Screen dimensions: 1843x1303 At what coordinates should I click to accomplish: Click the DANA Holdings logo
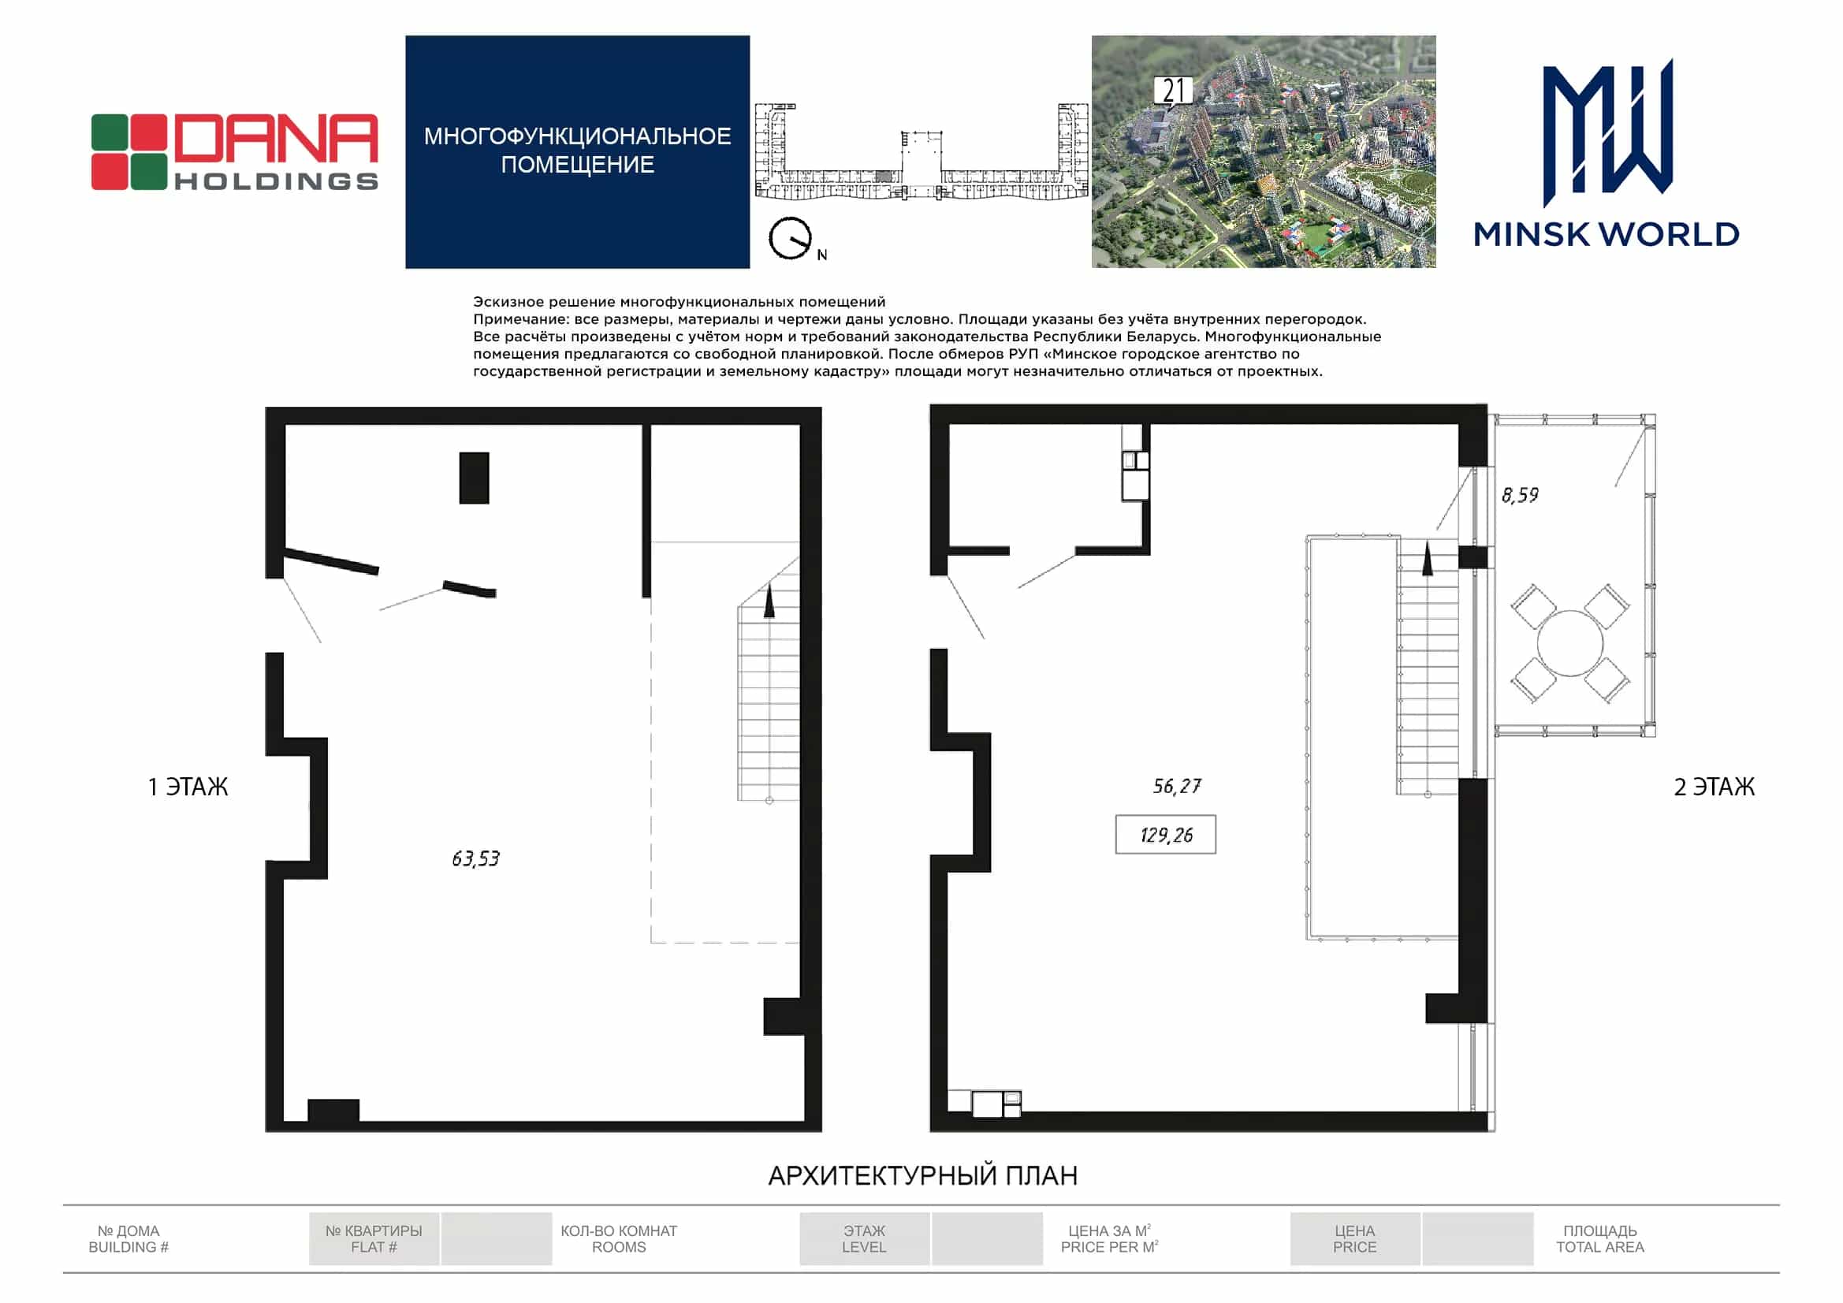[234, 153]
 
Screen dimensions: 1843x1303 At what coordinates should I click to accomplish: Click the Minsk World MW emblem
[1608, 132]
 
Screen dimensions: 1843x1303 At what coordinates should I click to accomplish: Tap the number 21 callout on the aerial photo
[1173, 91]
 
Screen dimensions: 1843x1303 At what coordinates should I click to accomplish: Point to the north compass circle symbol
[790, 238]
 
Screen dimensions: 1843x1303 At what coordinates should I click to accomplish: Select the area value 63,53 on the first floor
[476, 859]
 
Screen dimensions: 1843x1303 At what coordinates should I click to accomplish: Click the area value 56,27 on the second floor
[1177, 786]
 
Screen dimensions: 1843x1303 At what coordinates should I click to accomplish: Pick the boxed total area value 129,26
[1166, 835]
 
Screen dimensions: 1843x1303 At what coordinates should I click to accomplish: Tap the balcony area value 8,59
[1521, 494]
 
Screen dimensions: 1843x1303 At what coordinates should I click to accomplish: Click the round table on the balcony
[1570, 643]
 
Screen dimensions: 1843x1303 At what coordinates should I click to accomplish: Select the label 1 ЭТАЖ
[188, 787]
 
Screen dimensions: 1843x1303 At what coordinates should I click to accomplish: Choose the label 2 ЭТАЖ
[1715, 787]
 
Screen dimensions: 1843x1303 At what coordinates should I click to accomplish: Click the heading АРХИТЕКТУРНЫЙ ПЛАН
[923, 1176]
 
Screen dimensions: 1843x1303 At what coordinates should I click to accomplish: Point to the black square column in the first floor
[475, 478]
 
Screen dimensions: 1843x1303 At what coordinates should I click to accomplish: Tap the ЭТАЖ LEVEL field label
[864, 1239]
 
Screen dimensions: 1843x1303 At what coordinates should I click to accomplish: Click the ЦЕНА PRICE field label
[1355, 1239]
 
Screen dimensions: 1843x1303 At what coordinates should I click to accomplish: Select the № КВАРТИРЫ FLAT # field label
[374, 1239]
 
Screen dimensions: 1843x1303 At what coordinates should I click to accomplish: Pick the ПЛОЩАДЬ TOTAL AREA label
[1599, 1239]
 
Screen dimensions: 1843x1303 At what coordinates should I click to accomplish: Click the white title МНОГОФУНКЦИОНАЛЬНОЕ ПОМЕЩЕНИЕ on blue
[577, 150]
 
